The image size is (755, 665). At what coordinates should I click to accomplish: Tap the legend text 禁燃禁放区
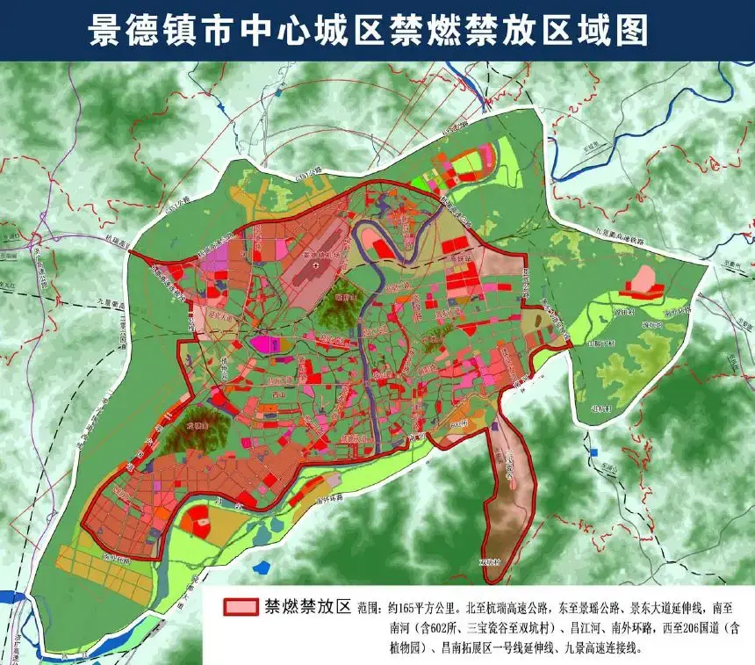[x=306, y=607]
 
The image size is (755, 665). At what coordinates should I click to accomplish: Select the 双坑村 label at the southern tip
[x=489, y=562]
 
